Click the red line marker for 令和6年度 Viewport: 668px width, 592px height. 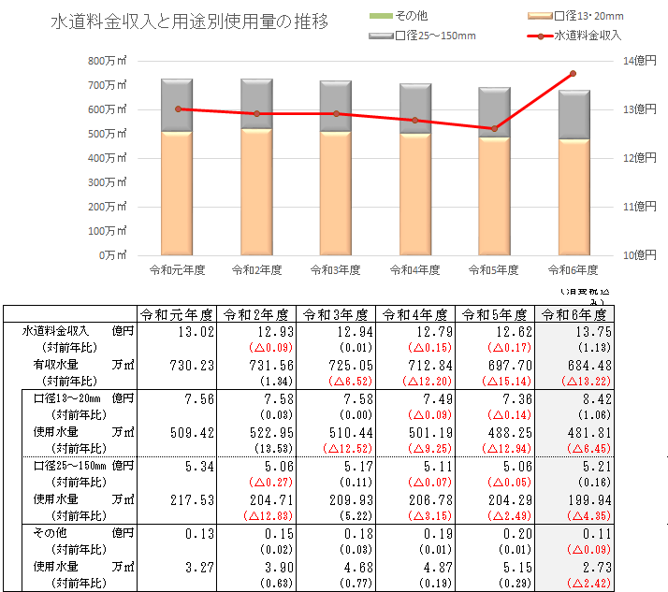573,73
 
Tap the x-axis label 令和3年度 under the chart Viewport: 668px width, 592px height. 335,269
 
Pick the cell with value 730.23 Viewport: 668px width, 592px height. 195,365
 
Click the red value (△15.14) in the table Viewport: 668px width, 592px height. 504,382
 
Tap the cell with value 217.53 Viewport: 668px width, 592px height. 195,500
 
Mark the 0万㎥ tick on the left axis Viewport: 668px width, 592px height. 113,254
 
